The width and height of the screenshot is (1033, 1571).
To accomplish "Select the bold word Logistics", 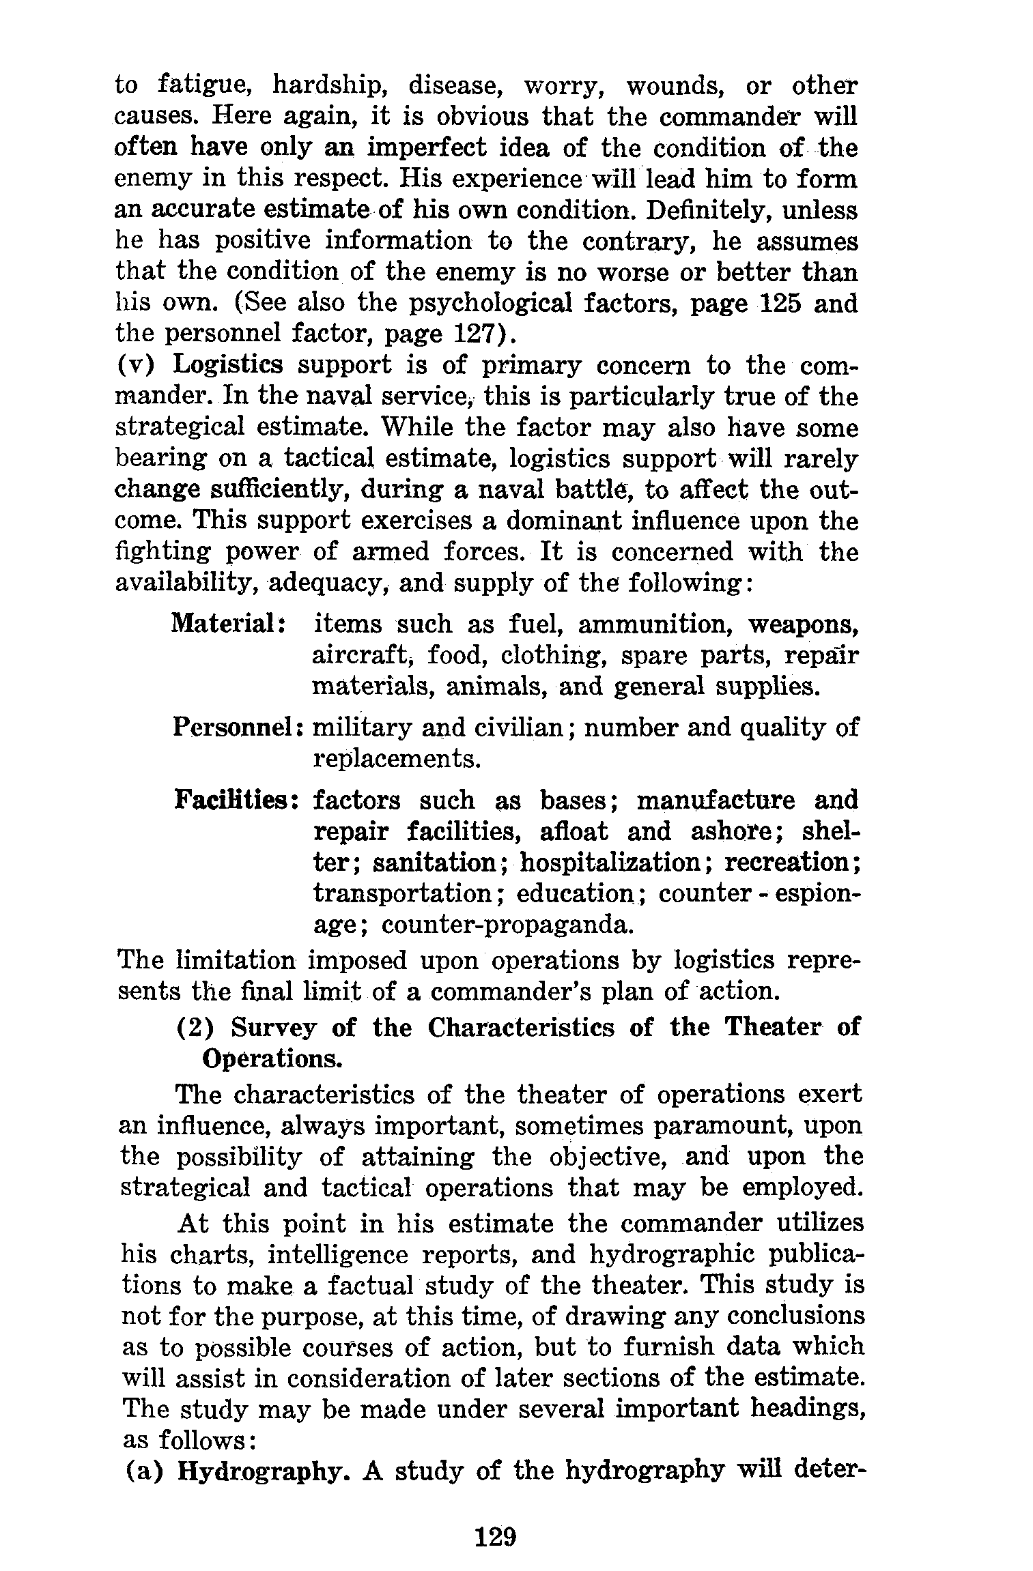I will click(227, 366).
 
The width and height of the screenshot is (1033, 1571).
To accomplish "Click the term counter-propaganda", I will click(506, 924).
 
